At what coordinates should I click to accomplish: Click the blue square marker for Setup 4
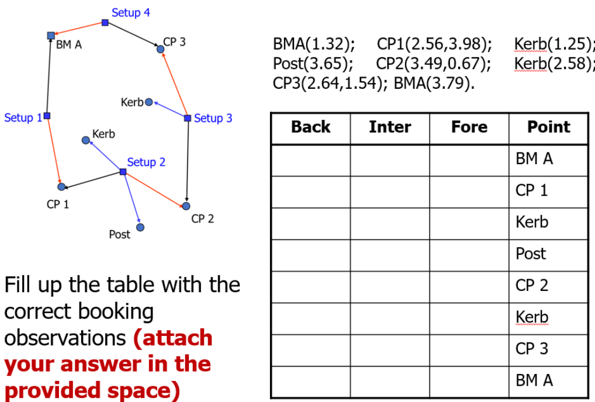click(x=105, y=23)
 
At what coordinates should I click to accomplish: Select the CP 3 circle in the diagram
click(x=161, y=49)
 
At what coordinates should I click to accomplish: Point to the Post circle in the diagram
click(x=140, y=227)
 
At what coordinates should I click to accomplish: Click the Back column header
click(x=310, y=127)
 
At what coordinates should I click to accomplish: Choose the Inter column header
click(x=390, y=127)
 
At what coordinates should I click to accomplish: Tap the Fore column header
click(x=469, y=127)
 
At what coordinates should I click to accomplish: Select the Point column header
click(x=548, y=127)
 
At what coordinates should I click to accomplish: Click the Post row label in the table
click(x=531, y=254)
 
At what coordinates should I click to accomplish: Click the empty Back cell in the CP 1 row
click(x=310, y=191)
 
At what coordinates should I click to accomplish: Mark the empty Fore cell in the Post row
click(x=469, y=254)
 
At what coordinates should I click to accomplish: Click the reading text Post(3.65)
click(x=313, y=63)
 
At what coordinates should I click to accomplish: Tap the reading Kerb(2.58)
click(x=554, y=63)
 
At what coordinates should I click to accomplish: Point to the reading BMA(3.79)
click(x=434, y=83)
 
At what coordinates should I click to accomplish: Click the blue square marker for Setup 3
click(x=187, y=118)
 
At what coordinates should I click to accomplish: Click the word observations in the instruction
click(x=65, y=338)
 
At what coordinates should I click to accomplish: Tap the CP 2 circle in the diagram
click(x=186, y=206)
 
